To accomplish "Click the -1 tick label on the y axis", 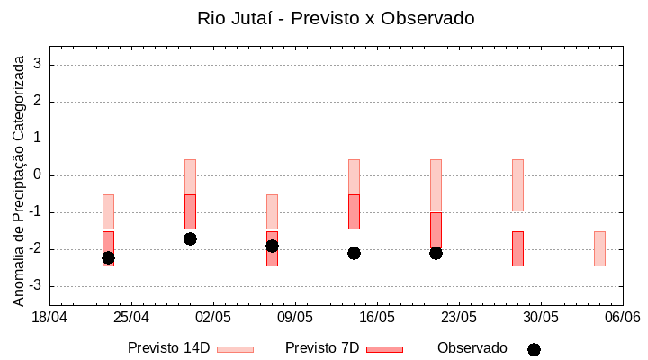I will click(x=36, y=212).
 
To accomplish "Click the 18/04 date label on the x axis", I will click(x=49, y=318).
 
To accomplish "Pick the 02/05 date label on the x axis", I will click(x=213, y=318).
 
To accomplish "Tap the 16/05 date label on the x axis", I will click(x=377, y=318).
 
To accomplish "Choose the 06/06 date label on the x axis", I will click(x=622, y=318).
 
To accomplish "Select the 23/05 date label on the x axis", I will click(x=459, y=318).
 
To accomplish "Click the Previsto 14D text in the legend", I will click(x=168, y=348).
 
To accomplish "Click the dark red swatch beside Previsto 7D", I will click(x=384, y=349).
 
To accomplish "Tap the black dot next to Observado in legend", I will click(x=534, y=349).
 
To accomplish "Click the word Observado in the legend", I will click(x=472, y=348).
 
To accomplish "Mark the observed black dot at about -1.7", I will click(x=190, y=238).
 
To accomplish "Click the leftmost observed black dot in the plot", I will click(x=108, y=257).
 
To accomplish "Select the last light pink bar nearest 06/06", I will click(x=599, y=248).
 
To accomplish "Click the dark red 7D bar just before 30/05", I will click(x=517, y=248).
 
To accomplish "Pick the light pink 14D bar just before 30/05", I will click(x=517, y=185).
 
